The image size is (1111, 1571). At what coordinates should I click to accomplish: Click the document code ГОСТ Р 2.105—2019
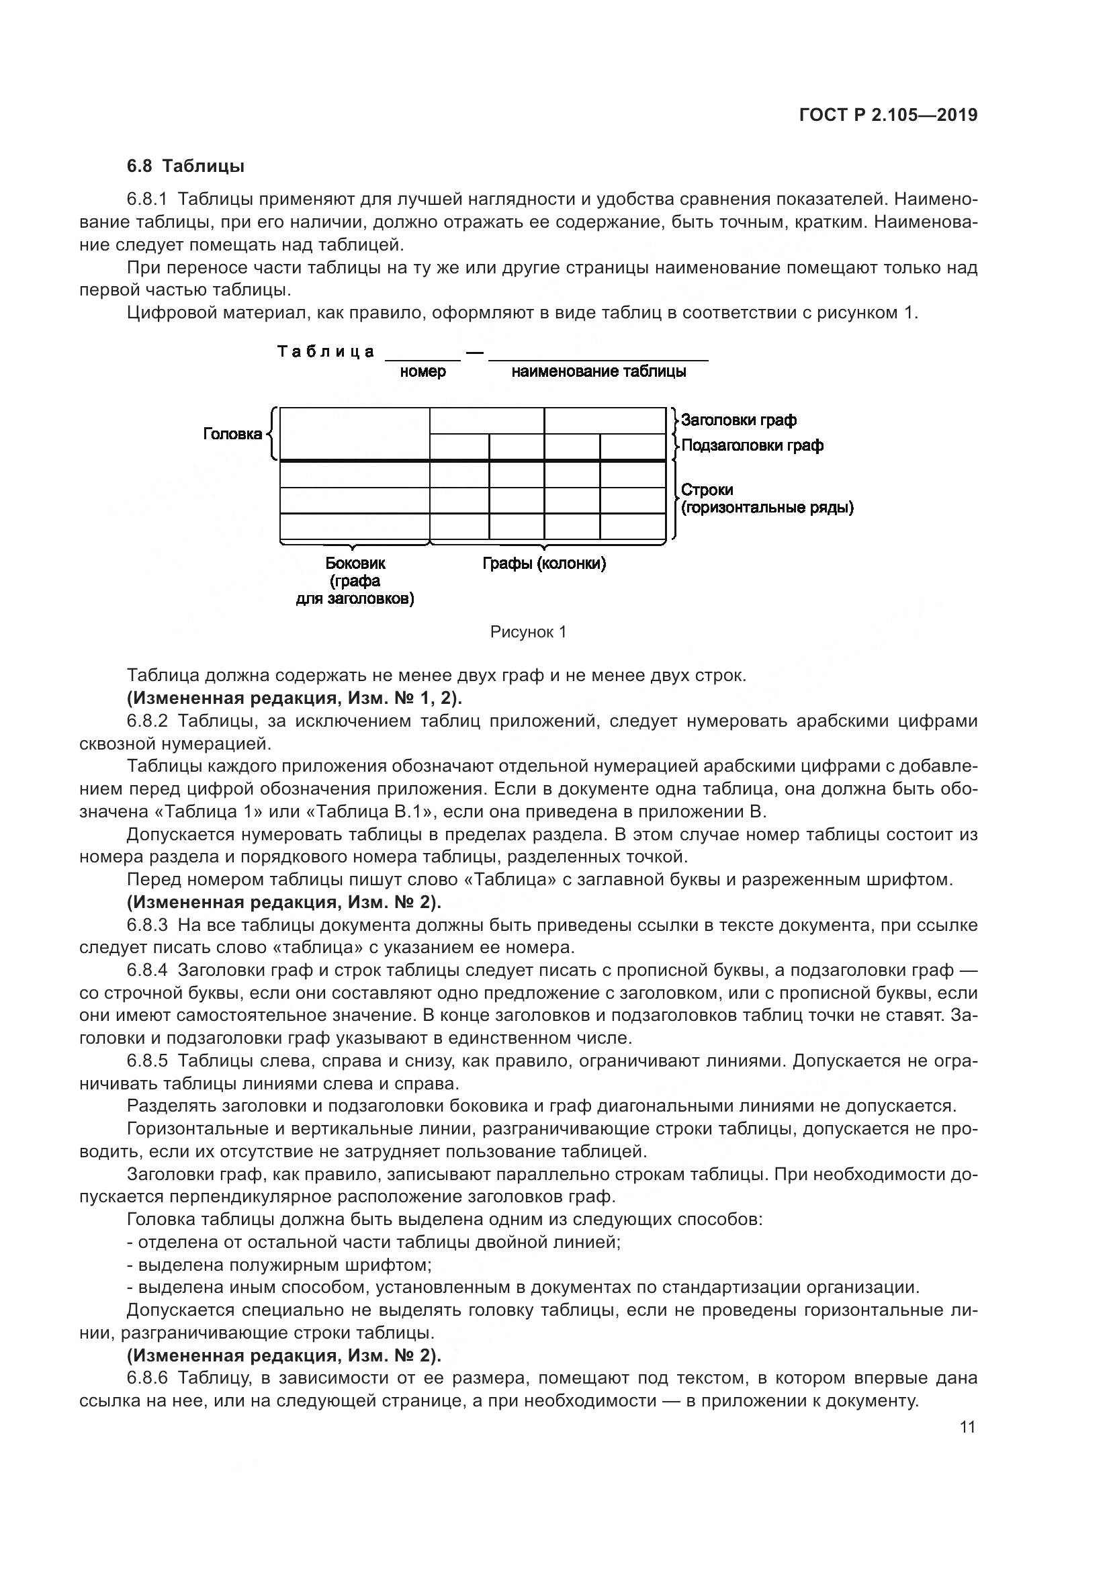[887, 115]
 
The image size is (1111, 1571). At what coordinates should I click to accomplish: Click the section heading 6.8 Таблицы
[185, 167]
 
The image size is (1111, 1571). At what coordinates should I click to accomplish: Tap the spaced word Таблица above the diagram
[326, 352]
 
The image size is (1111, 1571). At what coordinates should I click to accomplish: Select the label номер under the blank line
[423, 371]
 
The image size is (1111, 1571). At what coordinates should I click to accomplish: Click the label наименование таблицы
[598, 371]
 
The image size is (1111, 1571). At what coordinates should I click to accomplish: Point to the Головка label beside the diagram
[232, 434]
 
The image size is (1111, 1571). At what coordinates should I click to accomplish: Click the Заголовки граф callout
[738, 420]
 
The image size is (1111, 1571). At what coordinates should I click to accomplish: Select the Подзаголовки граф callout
[752, 445]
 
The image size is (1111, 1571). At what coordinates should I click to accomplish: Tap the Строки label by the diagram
[707, 490]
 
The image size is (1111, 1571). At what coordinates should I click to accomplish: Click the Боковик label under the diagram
[355, 564]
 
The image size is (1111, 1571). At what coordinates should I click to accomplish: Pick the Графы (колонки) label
[544, 564]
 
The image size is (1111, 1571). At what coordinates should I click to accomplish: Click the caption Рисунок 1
[528, 632]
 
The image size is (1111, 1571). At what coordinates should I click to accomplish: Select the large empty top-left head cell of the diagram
[355, 434]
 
